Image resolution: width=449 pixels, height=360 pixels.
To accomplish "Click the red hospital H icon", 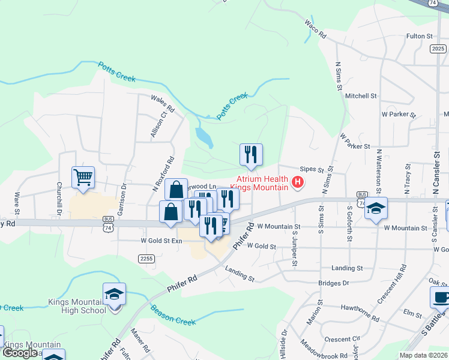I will coord(297,182).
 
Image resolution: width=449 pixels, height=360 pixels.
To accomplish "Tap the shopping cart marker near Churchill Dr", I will coord(83,177).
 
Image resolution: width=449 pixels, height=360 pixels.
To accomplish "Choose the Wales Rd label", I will coord(163,104).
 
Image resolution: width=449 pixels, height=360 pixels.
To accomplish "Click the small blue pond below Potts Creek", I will coord(204,137).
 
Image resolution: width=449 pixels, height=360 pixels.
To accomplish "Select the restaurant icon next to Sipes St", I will coord(251,155).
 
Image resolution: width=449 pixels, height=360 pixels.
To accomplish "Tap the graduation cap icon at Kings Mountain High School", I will coord(114,294).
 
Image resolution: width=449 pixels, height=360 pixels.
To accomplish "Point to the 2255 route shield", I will coord(146,259).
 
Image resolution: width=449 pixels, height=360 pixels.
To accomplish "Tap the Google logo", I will coord(20,353).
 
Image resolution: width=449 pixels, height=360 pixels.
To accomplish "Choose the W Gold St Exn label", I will coord(161,241).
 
